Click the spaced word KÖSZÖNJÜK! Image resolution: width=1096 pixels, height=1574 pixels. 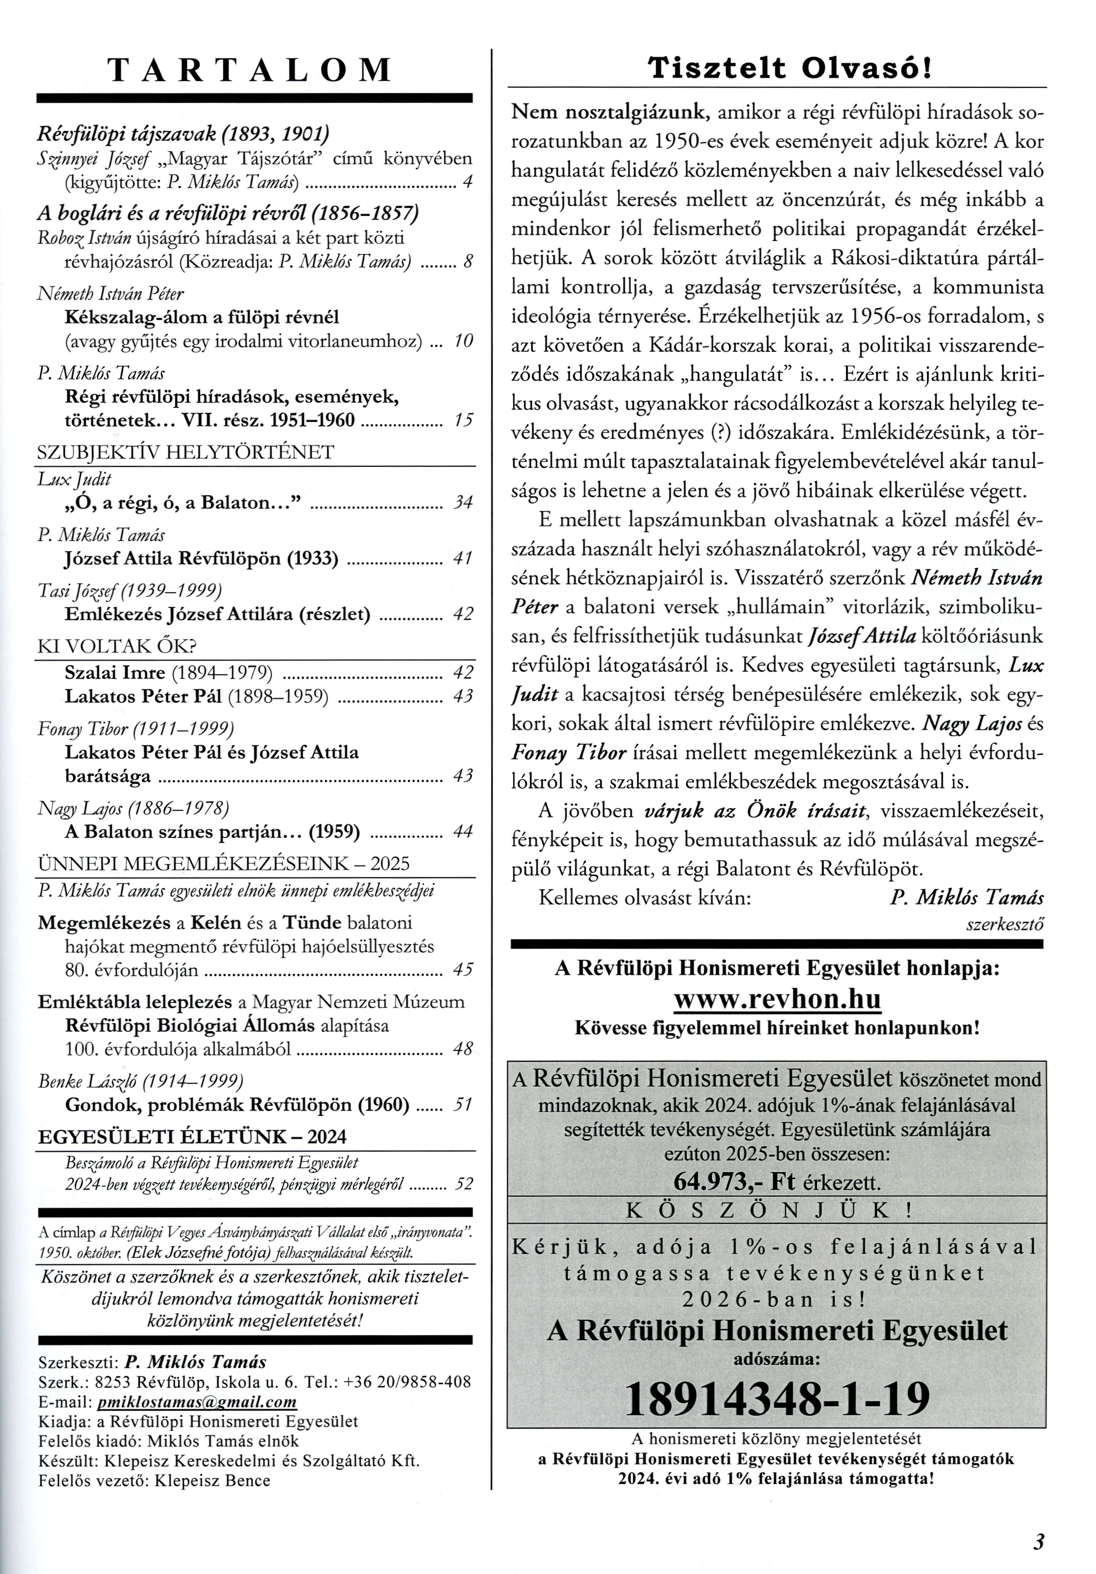pos(770,1210)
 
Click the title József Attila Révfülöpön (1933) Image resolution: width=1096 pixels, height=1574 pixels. pos(201,558)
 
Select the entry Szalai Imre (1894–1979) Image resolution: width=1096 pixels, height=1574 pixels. pos(169,672)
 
